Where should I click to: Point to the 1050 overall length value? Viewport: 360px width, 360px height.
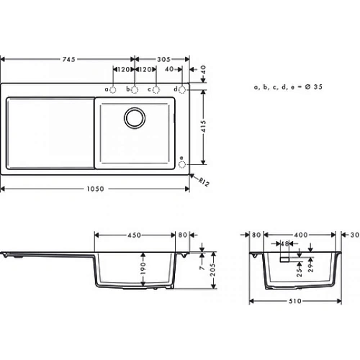tap(96, 189)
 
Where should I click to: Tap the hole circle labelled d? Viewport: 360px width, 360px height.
tap(182, 89)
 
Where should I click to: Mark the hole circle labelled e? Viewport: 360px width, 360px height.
tap(182, 164)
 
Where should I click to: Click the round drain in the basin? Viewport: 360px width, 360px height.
tap(133, 116)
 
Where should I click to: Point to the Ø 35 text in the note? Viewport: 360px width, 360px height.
tap(308, 86)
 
